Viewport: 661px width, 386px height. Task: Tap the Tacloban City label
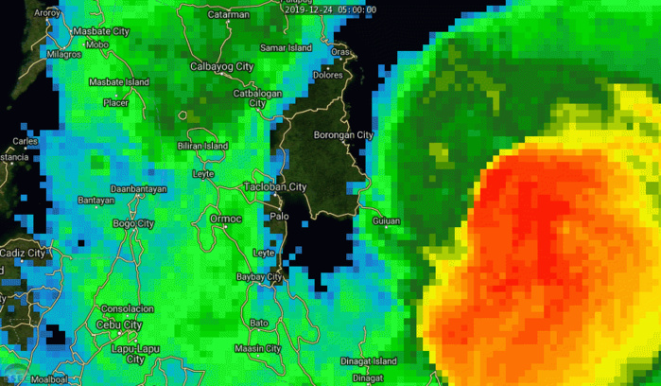[x=276, y=186]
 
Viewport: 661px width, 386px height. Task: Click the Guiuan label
[x=387, y=220]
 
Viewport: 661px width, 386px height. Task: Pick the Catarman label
[x=229, y=15]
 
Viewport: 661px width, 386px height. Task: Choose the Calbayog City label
[x=222, y=66]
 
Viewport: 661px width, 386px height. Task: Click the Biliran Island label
[x=202, y=147]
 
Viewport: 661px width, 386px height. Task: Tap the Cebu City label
[x=120, y=325]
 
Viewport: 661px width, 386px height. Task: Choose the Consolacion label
[x=128, y=309]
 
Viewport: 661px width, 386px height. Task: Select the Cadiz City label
[x=23, y=253]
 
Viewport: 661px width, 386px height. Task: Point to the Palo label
[x=279, y=216]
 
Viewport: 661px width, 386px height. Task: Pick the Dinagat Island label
[x=370, y=360]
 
